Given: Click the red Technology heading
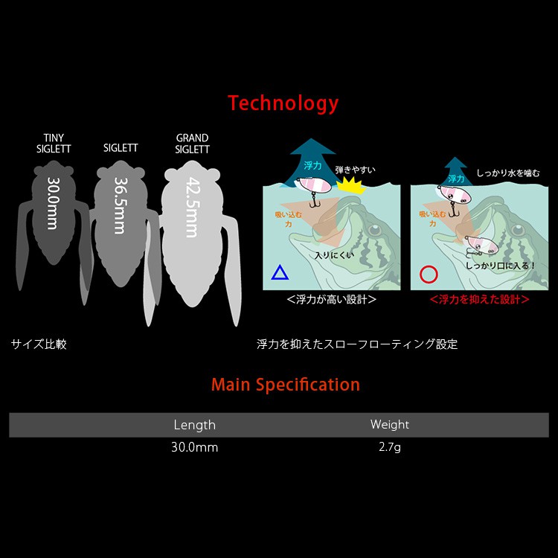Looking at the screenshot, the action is (283, 103).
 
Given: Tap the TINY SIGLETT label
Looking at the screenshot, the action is (54, 144).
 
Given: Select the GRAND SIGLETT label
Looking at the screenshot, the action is (192, 144).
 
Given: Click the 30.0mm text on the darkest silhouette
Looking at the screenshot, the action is (53, 203).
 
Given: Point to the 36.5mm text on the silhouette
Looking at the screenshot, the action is (120, 205).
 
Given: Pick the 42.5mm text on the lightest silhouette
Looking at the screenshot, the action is (193, 207).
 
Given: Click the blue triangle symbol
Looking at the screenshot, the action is (280, 272).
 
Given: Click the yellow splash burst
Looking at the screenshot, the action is (351, 186).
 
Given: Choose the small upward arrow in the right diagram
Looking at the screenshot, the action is (456, 173).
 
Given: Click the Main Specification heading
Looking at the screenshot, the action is (286, 385).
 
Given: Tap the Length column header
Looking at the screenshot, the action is (195, 425).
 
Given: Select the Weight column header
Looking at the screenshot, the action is (390, 424).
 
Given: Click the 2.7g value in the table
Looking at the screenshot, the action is (390, 447).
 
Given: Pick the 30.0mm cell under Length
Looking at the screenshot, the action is (195, 447).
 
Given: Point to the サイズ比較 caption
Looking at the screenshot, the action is (39, 344).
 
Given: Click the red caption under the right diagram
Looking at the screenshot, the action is (479, 300).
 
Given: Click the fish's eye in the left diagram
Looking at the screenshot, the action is (374, 230).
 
